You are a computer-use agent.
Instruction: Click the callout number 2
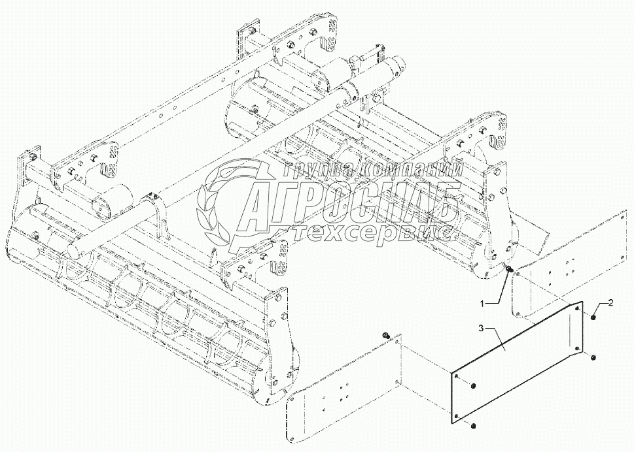[609, 302]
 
